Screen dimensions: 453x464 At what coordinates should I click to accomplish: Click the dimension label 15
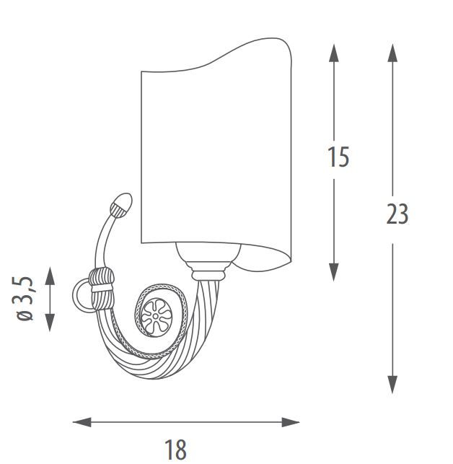(338, 157)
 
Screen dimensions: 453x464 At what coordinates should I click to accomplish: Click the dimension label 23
(397, 214)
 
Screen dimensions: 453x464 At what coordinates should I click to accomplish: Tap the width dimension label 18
(175, 449)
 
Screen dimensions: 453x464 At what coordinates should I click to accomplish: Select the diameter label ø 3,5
(25, 298)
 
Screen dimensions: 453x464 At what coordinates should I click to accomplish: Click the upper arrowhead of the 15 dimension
(334, 53)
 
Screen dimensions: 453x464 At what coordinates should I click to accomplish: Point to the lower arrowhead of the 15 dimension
(334, 272)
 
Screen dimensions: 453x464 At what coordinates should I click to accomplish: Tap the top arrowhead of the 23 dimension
(392, 53)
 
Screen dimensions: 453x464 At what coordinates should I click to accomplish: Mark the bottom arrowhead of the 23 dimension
(392, 385)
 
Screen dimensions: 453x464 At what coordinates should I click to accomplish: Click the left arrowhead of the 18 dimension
(82, 422)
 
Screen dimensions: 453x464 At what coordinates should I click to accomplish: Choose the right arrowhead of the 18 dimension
(291, 422)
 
